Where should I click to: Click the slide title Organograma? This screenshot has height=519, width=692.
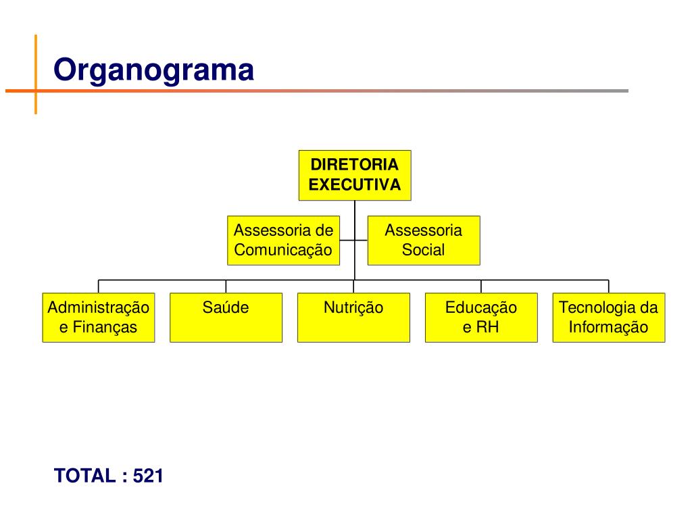[x=154, y=70]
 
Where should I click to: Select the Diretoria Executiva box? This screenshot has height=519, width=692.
[x=355, y=175]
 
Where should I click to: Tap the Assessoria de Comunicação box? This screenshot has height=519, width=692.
[x=283, y=240]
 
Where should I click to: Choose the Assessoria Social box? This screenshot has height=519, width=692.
[x=424, y=240]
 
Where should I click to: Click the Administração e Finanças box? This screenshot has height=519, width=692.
[x=99, y=318]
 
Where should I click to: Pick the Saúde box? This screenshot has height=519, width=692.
[x=226, y=318]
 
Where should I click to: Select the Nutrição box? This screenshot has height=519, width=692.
[x=353, y=318]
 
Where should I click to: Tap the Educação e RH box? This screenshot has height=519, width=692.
[x=481, y=318]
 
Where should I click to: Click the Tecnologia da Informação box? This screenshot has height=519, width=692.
[x=608, y=318]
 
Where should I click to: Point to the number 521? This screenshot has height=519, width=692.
[x=149, y=476]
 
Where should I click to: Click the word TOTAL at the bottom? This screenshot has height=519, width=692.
[x=85, y=476]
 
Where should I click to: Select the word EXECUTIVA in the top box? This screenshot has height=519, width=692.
[x=355, y=185]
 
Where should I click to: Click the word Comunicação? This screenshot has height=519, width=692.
[x=283, y=250]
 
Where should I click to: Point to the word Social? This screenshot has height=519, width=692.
[x=424, y=250]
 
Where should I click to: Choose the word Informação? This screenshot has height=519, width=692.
[x=608, y=328]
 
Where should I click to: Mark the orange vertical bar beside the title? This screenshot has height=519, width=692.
[x=35, y=74]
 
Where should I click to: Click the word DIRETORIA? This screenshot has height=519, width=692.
[x=355, y=165]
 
